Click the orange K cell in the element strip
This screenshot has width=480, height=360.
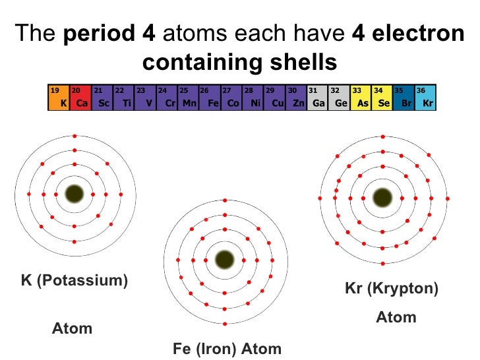point(59,97)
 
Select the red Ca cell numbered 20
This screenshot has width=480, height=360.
point(80,97)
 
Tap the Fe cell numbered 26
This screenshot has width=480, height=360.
point(209,97)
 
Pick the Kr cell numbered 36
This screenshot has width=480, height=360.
point(425,97)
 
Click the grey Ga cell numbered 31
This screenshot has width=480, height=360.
point(317,97)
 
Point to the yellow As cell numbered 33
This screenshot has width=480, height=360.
point(360,97)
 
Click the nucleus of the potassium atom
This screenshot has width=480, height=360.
point(75,194)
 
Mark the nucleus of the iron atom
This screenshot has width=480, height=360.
point(225,258)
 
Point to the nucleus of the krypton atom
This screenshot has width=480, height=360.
point(382,197)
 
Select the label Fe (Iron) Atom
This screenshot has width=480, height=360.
point(227,349)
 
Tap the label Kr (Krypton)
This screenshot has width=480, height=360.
point(391,288)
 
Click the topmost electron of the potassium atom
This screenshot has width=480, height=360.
point(75,136)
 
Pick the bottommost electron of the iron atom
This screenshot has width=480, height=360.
point(225,323)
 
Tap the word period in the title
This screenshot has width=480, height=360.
point(99,34)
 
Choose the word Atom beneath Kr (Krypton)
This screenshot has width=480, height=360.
point(396,317)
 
